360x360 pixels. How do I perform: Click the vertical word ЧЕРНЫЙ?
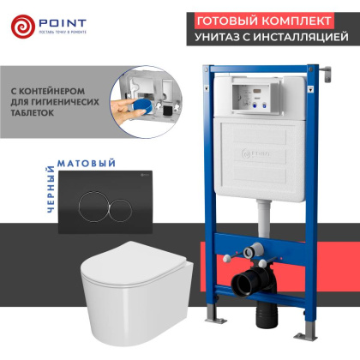click(51, 189)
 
